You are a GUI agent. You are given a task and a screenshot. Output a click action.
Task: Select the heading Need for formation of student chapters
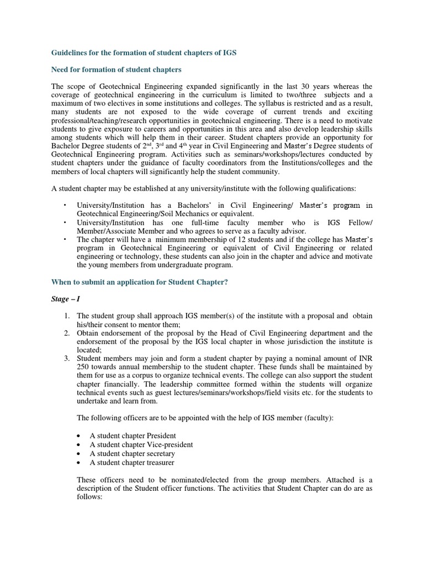click(116, 70)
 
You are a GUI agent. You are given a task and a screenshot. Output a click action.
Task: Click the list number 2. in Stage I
click(66, 333)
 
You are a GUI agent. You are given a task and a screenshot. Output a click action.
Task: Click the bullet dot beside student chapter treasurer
click(79, 463)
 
